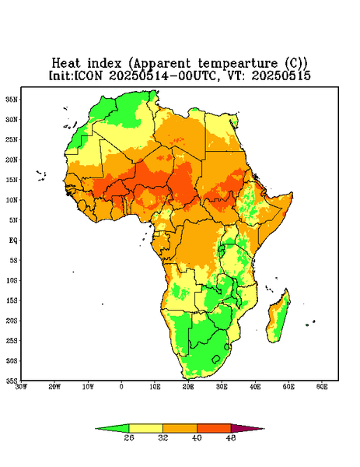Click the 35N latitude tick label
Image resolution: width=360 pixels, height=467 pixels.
click(x=12, y=100)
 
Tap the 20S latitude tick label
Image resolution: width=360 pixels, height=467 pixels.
click(x=12, y=321)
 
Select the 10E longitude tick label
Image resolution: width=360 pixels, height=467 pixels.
click(x=155, y=387)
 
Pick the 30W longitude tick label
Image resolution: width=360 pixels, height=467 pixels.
click(x=21, y=387)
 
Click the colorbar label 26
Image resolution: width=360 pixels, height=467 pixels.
click(x=129, y=437)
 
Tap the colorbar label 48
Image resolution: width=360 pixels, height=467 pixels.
click(x=231, y=437)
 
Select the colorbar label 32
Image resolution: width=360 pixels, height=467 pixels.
click(x=163, y=437)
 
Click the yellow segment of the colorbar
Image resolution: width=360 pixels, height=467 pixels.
click(x=145, y=429)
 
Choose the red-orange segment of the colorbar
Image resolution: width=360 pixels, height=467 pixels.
click(x=214, y=429)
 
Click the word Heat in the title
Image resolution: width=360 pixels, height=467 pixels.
click(x=66, y=64)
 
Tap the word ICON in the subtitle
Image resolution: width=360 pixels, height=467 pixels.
click(x=88, y=75)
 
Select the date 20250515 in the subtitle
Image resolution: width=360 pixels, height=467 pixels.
click(x=281, y=75)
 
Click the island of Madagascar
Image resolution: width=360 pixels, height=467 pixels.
click(x=278, y=318)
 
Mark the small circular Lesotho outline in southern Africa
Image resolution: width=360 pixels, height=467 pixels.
click(x=216, y=359)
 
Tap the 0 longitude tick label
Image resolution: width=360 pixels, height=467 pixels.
click(x=121, y=387)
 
